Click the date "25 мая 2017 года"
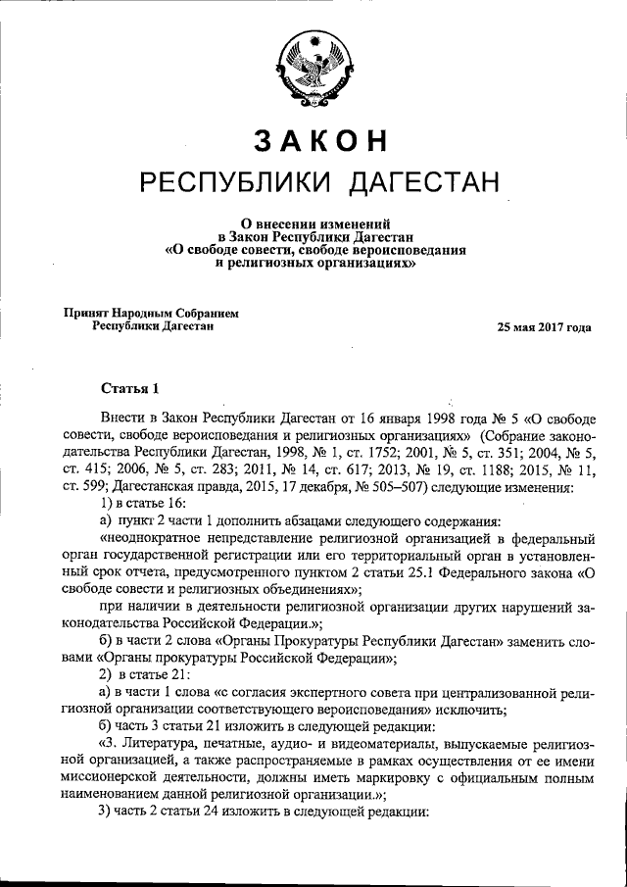tap(545, 327)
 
